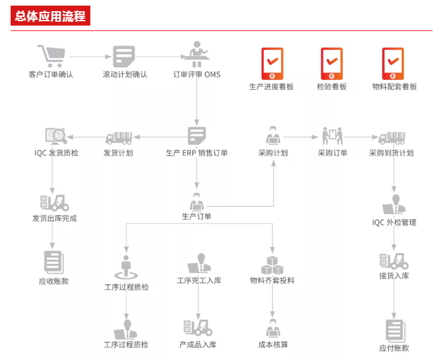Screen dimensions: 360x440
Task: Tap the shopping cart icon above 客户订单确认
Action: coord(50,56)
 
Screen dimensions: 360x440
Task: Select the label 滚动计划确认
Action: coord(125,75)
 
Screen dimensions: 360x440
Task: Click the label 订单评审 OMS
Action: coord(197,75)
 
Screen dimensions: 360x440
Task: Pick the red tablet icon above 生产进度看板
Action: coord(271,62)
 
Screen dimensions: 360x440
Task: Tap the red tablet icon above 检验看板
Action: coord(332,62)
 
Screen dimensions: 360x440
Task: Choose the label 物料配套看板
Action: coord(394,87)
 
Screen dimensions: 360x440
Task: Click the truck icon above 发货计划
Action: coord(118,137)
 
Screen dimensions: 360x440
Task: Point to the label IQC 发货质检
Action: coord(56,153)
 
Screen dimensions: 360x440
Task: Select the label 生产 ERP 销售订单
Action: coord(197,153)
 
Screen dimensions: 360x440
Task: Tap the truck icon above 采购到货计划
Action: coord(391,137)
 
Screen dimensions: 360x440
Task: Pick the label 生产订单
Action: coord(197,216)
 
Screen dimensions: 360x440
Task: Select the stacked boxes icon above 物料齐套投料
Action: coord(272,265)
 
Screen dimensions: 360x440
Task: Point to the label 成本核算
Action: coord(273,344)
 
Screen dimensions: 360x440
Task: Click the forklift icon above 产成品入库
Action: coord(198,328)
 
